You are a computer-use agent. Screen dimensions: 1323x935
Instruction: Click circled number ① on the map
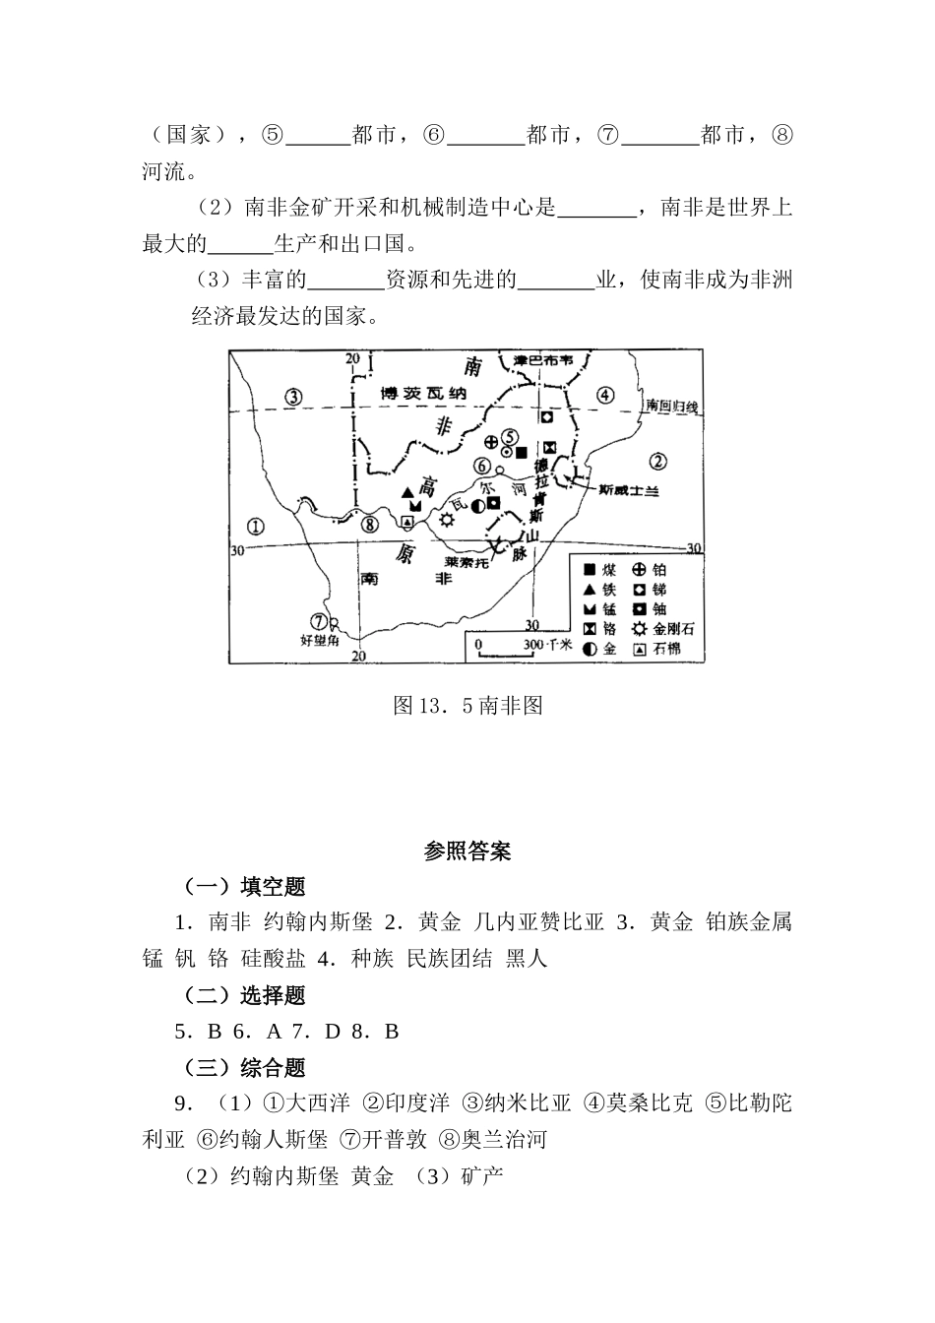click(256, 526)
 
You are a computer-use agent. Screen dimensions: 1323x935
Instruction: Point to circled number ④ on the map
click(605, 396)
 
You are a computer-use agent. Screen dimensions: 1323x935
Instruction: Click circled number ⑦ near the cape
click(318, 620)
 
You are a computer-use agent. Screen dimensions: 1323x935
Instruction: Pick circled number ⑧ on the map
click(369, 525)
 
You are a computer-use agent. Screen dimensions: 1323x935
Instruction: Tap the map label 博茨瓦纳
click(423, 394)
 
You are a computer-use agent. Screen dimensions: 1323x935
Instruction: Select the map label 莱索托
click(467, 562)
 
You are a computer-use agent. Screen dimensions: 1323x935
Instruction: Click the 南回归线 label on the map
click(671, 407)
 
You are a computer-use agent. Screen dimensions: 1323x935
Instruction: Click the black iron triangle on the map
click(407, 491)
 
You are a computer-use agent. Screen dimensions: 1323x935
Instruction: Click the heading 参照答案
click(467, 851)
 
